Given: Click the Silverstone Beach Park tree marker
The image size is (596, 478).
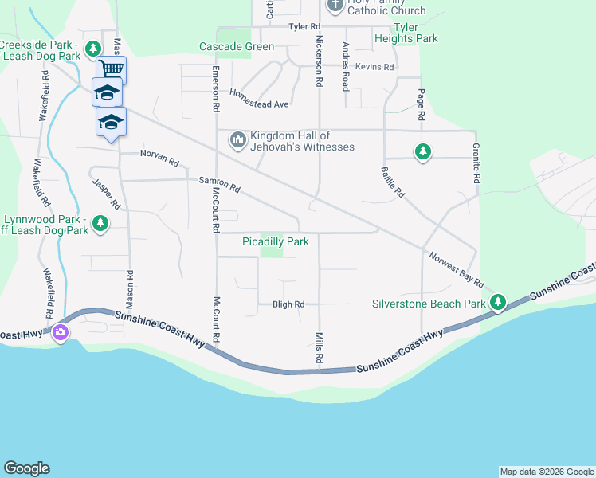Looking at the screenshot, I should click(x=498, y=302).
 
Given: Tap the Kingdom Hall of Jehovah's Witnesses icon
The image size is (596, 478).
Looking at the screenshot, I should click(x=237, y=140).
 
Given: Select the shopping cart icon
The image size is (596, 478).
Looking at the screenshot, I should click(x=112, y=69).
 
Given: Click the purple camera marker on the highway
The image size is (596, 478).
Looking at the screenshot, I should click(x=60, y=333).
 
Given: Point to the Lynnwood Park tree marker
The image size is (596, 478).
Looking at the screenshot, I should click(x=100, y=224).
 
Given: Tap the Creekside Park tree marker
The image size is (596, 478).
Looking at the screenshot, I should click(x=93, y=49).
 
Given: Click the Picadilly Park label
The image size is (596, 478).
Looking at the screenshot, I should click(x=275, y=241).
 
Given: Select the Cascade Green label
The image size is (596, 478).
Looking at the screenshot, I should click(x=237, y=46).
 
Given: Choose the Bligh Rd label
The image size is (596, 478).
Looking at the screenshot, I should click(x=288, y=304).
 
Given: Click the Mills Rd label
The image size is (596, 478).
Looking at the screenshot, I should click(x=319, y=349).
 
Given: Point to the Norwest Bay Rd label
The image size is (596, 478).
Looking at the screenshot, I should click(x=456, y=270).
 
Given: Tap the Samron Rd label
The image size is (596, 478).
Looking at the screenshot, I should click(x=219, y=184).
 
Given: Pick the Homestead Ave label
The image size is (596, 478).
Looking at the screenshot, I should click(x=259, y=98).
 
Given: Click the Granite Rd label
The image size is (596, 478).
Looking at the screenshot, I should click(x=476, y=164).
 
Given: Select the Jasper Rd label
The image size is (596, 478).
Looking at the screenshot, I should click(x=106, y=194).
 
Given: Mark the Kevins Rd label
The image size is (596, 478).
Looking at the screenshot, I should click(x=374, y=67).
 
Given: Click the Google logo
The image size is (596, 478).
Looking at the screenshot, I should click(x=26, y=468).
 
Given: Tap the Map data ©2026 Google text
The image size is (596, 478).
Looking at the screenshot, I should click(x=547, y=472).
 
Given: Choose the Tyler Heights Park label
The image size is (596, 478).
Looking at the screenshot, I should click(x=406, y=33).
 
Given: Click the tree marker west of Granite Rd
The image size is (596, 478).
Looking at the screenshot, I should click(x=422, y=151).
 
